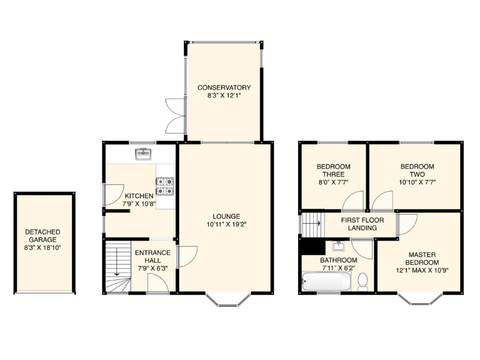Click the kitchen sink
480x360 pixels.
pyautogui.click(x=144, y=152)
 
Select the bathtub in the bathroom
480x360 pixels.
pyautogui.click(x=326, y=282)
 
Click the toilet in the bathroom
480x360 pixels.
pyautogui.click(x=362, y=283)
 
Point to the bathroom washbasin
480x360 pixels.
pyautogui.click(x=341, y=246)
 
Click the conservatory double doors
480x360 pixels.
pyautogui.click(x=172, y=115)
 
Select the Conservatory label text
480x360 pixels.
pyautogui.click(x=224, y=87)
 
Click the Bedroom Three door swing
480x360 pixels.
pyautogui.click(x=352, y=202)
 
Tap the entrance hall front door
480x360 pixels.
pyautogui.click(x=157, y=284)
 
